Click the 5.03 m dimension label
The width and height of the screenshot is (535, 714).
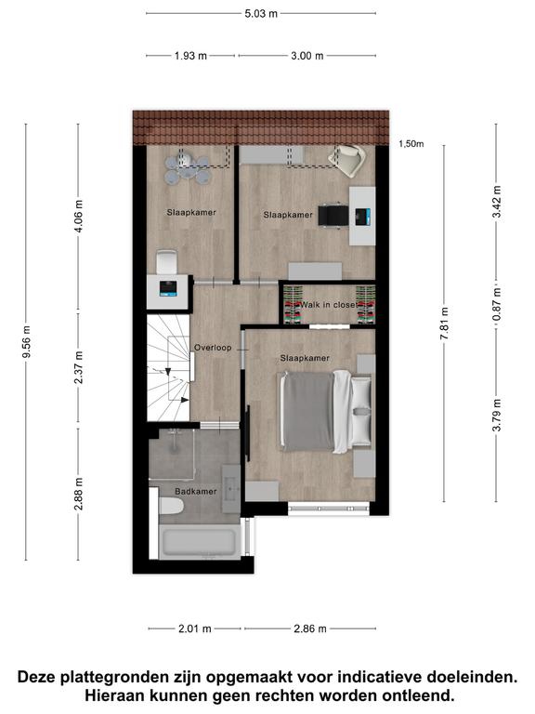261,14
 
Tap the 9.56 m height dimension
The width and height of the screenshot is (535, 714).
27,342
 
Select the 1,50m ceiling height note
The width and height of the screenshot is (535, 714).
411,144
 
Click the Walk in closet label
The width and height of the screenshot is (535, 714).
329,305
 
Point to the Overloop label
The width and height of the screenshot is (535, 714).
213,348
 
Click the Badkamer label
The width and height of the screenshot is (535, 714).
196,491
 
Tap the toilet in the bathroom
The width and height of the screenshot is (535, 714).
171,506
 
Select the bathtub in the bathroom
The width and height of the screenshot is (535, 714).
200,542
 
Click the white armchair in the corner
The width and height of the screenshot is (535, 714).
347,160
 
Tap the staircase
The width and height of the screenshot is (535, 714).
168,367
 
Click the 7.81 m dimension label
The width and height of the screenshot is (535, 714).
445,324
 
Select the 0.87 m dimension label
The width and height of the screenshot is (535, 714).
497,304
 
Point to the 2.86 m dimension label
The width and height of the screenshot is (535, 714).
310,628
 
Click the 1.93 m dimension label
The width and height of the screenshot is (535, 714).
190,56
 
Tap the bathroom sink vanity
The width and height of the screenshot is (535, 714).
230,489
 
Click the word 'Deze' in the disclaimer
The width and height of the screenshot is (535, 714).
38,677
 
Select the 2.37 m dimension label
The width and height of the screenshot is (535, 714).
79,367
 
